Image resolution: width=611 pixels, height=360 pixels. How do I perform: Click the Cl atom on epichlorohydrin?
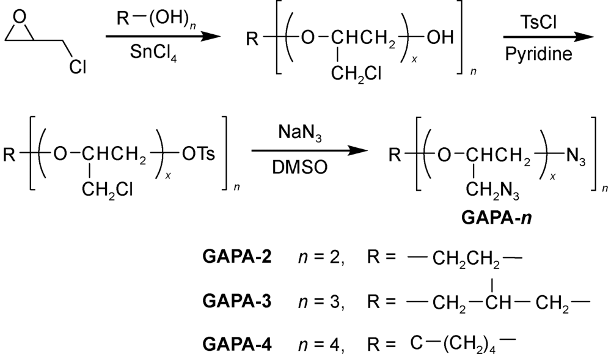[78, 66]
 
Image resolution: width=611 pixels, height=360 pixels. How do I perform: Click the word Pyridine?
[539, 56]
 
